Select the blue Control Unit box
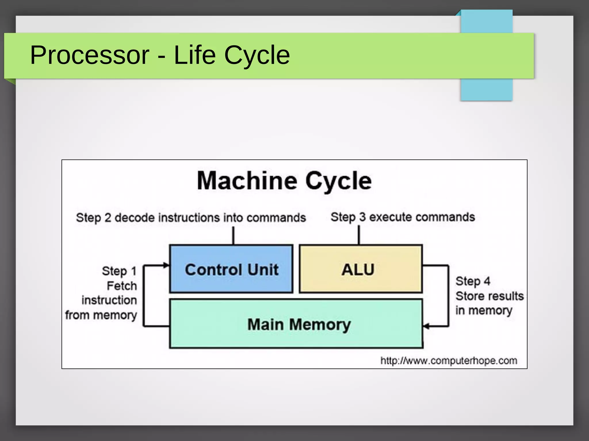click(x=231, y=269)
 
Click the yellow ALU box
click(x=361, y=269)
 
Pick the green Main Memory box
click(x=296, y=324)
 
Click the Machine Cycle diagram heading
click(x=284, y=181)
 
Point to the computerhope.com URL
click(x=449, y=361)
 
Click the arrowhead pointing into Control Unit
click(x=166, y=265)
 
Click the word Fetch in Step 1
click(x=122, y=286)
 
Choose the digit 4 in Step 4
click(x=487, y=281)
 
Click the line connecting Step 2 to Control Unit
click(x=233, y=235)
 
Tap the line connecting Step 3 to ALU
click(x=359, y=235)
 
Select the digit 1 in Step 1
click(x=133, y=271)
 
